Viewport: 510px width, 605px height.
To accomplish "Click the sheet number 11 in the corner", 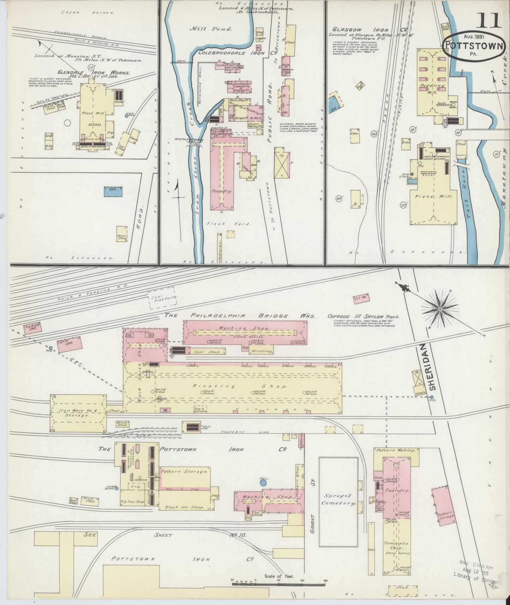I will [489, 20].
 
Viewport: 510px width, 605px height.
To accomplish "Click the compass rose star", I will [440, 309].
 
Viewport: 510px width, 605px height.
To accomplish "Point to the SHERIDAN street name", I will [433, 367].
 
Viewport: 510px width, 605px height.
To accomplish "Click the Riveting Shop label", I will [233, 386].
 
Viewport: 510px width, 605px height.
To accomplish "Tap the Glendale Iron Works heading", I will [94, 73].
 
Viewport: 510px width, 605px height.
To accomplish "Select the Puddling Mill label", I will [430, 88].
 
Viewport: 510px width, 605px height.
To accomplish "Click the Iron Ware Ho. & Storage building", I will [78, 413].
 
